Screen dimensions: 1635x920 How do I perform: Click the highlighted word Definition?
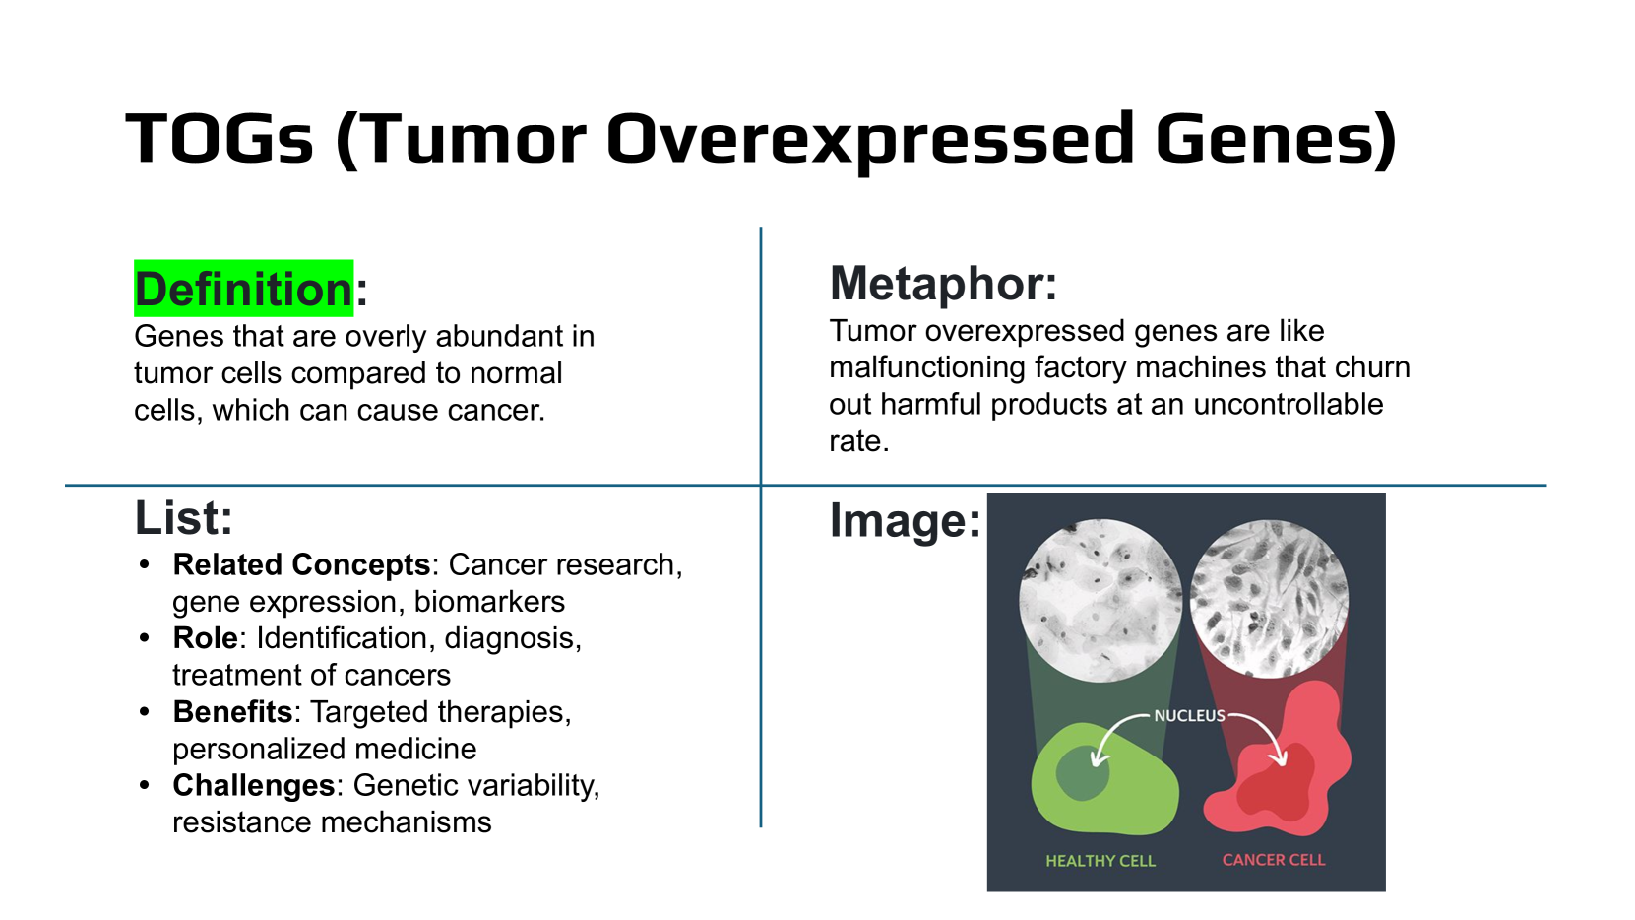[244, 289]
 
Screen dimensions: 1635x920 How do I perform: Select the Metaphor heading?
[943, 284]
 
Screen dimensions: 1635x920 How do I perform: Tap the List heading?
[184, 518]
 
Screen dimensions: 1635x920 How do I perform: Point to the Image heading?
[905, 521]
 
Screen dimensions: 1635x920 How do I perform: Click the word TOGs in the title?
[220, 138]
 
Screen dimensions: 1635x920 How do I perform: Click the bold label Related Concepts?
[301, 564]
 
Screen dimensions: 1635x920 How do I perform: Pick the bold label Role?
[205, 638]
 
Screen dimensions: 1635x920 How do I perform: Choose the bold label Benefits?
[233, 712]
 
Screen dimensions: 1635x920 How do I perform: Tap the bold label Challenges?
[254, 786]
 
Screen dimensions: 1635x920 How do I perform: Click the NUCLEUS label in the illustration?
[1189, 715]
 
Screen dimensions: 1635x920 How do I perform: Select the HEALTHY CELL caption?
[1100, 861]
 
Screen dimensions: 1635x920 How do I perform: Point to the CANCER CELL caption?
[1274, 860]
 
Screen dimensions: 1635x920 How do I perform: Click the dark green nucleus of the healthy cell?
[1083, 773]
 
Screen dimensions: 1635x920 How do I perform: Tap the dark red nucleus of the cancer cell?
[1275, 781]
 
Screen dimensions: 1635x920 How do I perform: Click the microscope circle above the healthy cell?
[1100, 600]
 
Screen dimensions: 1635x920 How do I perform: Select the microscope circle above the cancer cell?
[1269, 599]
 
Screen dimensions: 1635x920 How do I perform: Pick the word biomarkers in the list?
[489, 602]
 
